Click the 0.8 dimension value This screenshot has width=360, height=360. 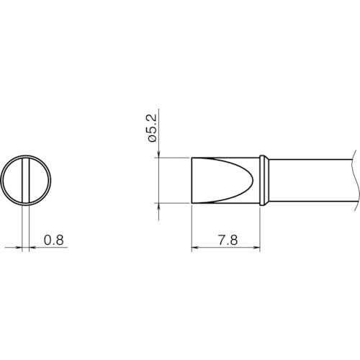tap(54, 240)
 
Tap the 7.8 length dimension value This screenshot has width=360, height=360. tap(228, 240)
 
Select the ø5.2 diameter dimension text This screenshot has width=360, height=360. tap(152, 128)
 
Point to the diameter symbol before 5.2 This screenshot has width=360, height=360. tap(152, 139)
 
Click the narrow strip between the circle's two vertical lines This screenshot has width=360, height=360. tap(25, 181)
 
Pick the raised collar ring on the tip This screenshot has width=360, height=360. tap(264, 181)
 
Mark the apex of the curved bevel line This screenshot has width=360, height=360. tap(253, 181)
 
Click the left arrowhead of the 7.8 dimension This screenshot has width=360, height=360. tap(195, 247)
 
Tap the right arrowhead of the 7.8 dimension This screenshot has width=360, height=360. tap(257, 247)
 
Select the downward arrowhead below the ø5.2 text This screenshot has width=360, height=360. tap(158, 154)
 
